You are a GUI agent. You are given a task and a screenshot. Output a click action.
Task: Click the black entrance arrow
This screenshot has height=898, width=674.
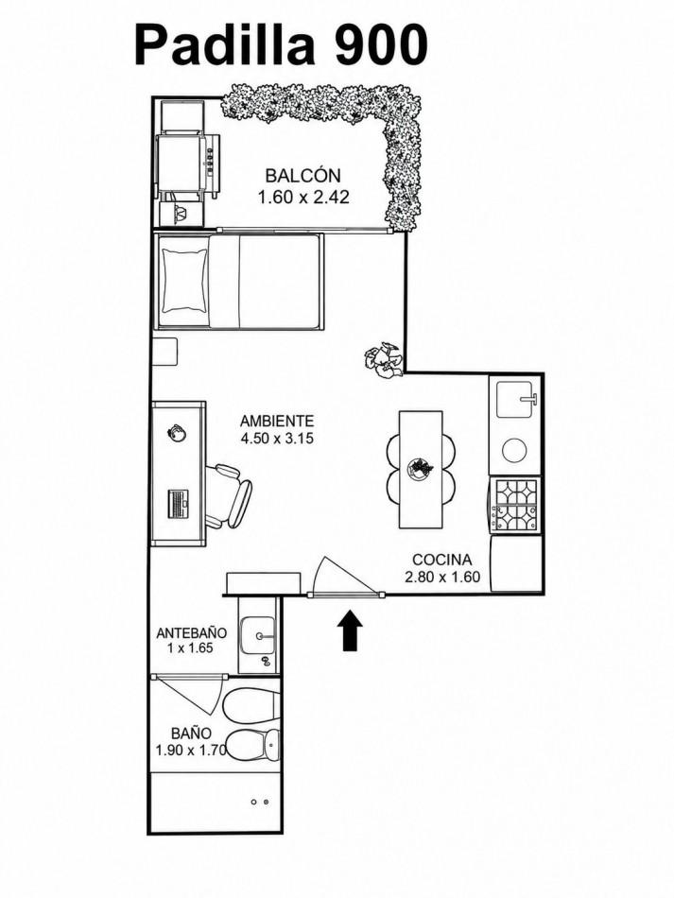tap(351, 630)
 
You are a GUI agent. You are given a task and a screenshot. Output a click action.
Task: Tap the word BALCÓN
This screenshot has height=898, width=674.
tap(302, 175)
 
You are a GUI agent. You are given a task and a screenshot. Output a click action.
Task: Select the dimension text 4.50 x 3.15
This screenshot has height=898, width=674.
tap(277, 440)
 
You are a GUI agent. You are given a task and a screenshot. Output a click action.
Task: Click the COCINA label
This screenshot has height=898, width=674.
tap(442, 560)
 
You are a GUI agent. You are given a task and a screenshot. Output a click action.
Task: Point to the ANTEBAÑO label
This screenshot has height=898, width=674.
tap(191, 633)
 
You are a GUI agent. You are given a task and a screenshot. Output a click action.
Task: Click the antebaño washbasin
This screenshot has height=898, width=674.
tap(259, 635)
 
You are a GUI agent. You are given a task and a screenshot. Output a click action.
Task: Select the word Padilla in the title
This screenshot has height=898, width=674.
tap(225, 45)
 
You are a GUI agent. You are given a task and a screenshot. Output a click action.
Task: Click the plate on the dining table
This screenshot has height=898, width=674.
tap(421, 469)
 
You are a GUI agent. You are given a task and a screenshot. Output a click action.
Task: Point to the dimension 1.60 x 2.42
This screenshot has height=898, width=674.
tap(302, 198)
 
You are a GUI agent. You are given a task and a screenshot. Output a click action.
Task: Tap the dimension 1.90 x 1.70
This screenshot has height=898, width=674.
tap(191, 750)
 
